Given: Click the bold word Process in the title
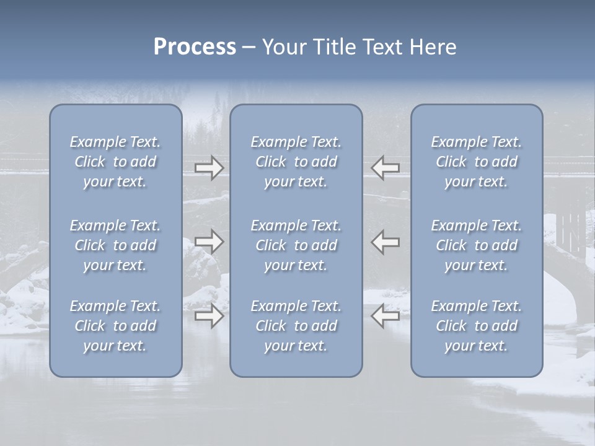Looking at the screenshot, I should pos(195,47).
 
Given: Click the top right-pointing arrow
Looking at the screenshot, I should pos(209,167).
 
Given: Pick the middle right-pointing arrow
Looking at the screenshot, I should pos(209,242).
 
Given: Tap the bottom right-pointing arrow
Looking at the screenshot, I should pos(209,316).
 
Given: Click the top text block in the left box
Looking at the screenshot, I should pos(115,162).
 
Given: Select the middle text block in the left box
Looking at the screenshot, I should pos(115,245).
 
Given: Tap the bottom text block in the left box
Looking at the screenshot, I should pos(115,326).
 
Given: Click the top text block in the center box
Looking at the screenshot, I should pos(296,162).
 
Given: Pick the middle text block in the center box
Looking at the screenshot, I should pos(296,245).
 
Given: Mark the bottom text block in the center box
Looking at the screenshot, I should pos(296,326).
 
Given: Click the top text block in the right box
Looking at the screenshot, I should pos(477,162).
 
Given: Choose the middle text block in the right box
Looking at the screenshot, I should pos(477,245).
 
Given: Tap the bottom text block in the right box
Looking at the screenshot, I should pos(477,326).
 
